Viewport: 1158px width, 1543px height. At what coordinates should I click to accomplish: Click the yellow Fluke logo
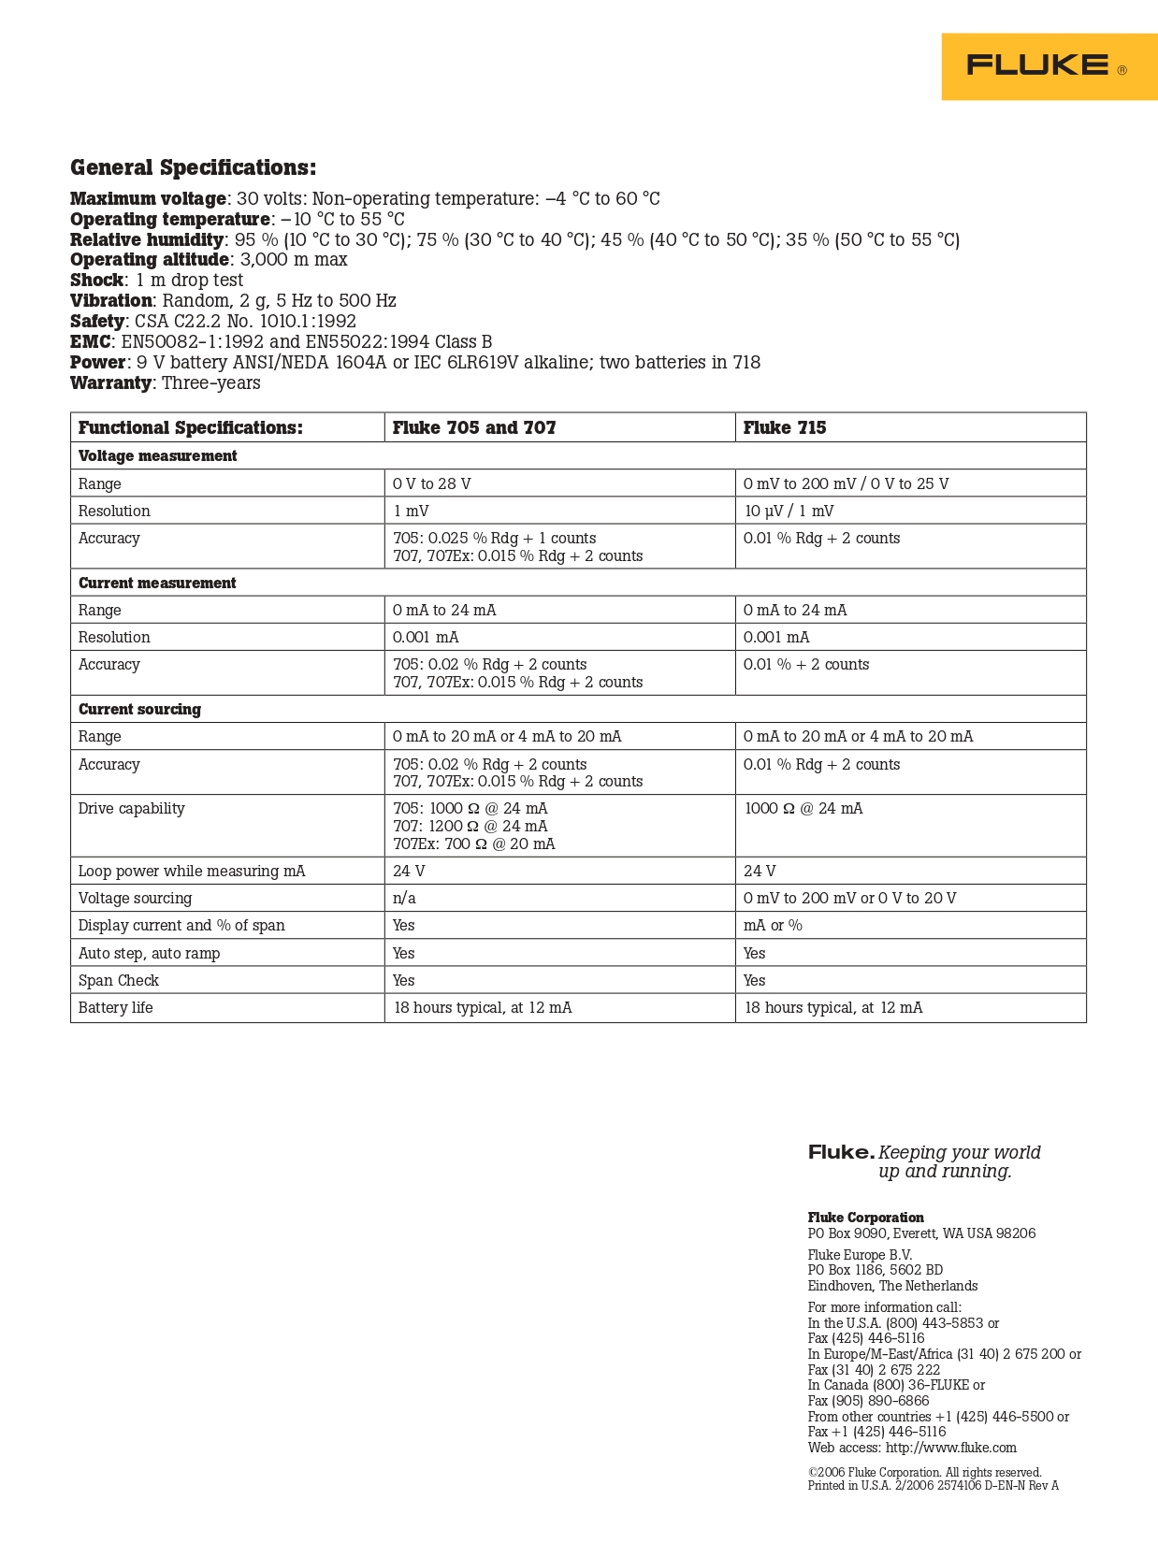pos(1049,66)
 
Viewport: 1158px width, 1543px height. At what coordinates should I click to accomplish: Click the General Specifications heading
pos(193,168)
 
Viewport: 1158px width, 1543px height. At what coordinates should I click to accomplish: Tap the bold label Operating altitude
pos(150,260)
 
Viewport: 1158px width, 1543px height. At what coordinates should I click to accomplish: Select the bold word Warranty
pos(110,383)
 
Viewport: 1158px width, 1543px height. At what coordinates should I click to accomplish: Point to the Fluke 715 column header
pos(785,428)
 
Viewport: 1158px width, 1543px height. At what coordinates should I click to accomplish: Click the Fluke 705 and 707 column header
pos(474,428)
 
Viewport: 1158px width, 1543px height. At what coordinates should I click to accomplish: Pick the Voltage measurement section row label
pos(157,456)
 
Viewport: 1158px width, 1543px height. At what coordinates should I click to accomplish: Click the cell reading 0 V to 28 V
pos(432,484)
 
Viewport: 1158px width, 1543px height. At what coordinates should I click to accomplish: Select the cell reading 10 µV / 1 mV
pos(789,512)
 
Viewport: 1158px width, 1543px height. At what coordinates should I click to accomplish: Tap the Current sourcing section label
pos(139,710)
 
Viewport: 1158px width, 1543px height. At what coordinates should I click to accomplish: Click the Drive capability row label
pos(131,809)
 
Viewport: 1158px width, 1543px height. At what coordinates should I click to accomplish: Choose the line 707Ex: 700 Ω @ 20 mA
pos(474,844)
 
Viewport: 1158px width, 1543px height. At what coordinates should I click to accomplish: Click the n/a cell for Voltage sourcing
pos(404,899)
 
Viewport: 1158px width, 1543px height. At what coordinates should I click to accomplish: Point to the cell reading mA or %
pos(773,926)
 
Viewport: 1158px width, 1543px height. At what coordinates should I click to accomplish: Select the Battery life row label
pos(115,1008)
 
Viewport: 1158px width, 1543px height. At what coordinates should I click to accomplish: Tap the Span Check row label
pos(119,981)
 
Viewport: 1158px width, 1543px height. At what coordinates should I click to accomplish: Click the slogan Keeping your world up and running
pos(958,1162)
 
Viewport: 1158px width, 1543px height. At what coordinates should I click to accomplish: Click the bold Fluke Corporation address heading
pos(865,1218)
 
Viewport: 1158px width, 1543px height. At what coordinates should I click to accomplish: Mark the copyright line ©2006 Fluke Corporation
pos(924,1473)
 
